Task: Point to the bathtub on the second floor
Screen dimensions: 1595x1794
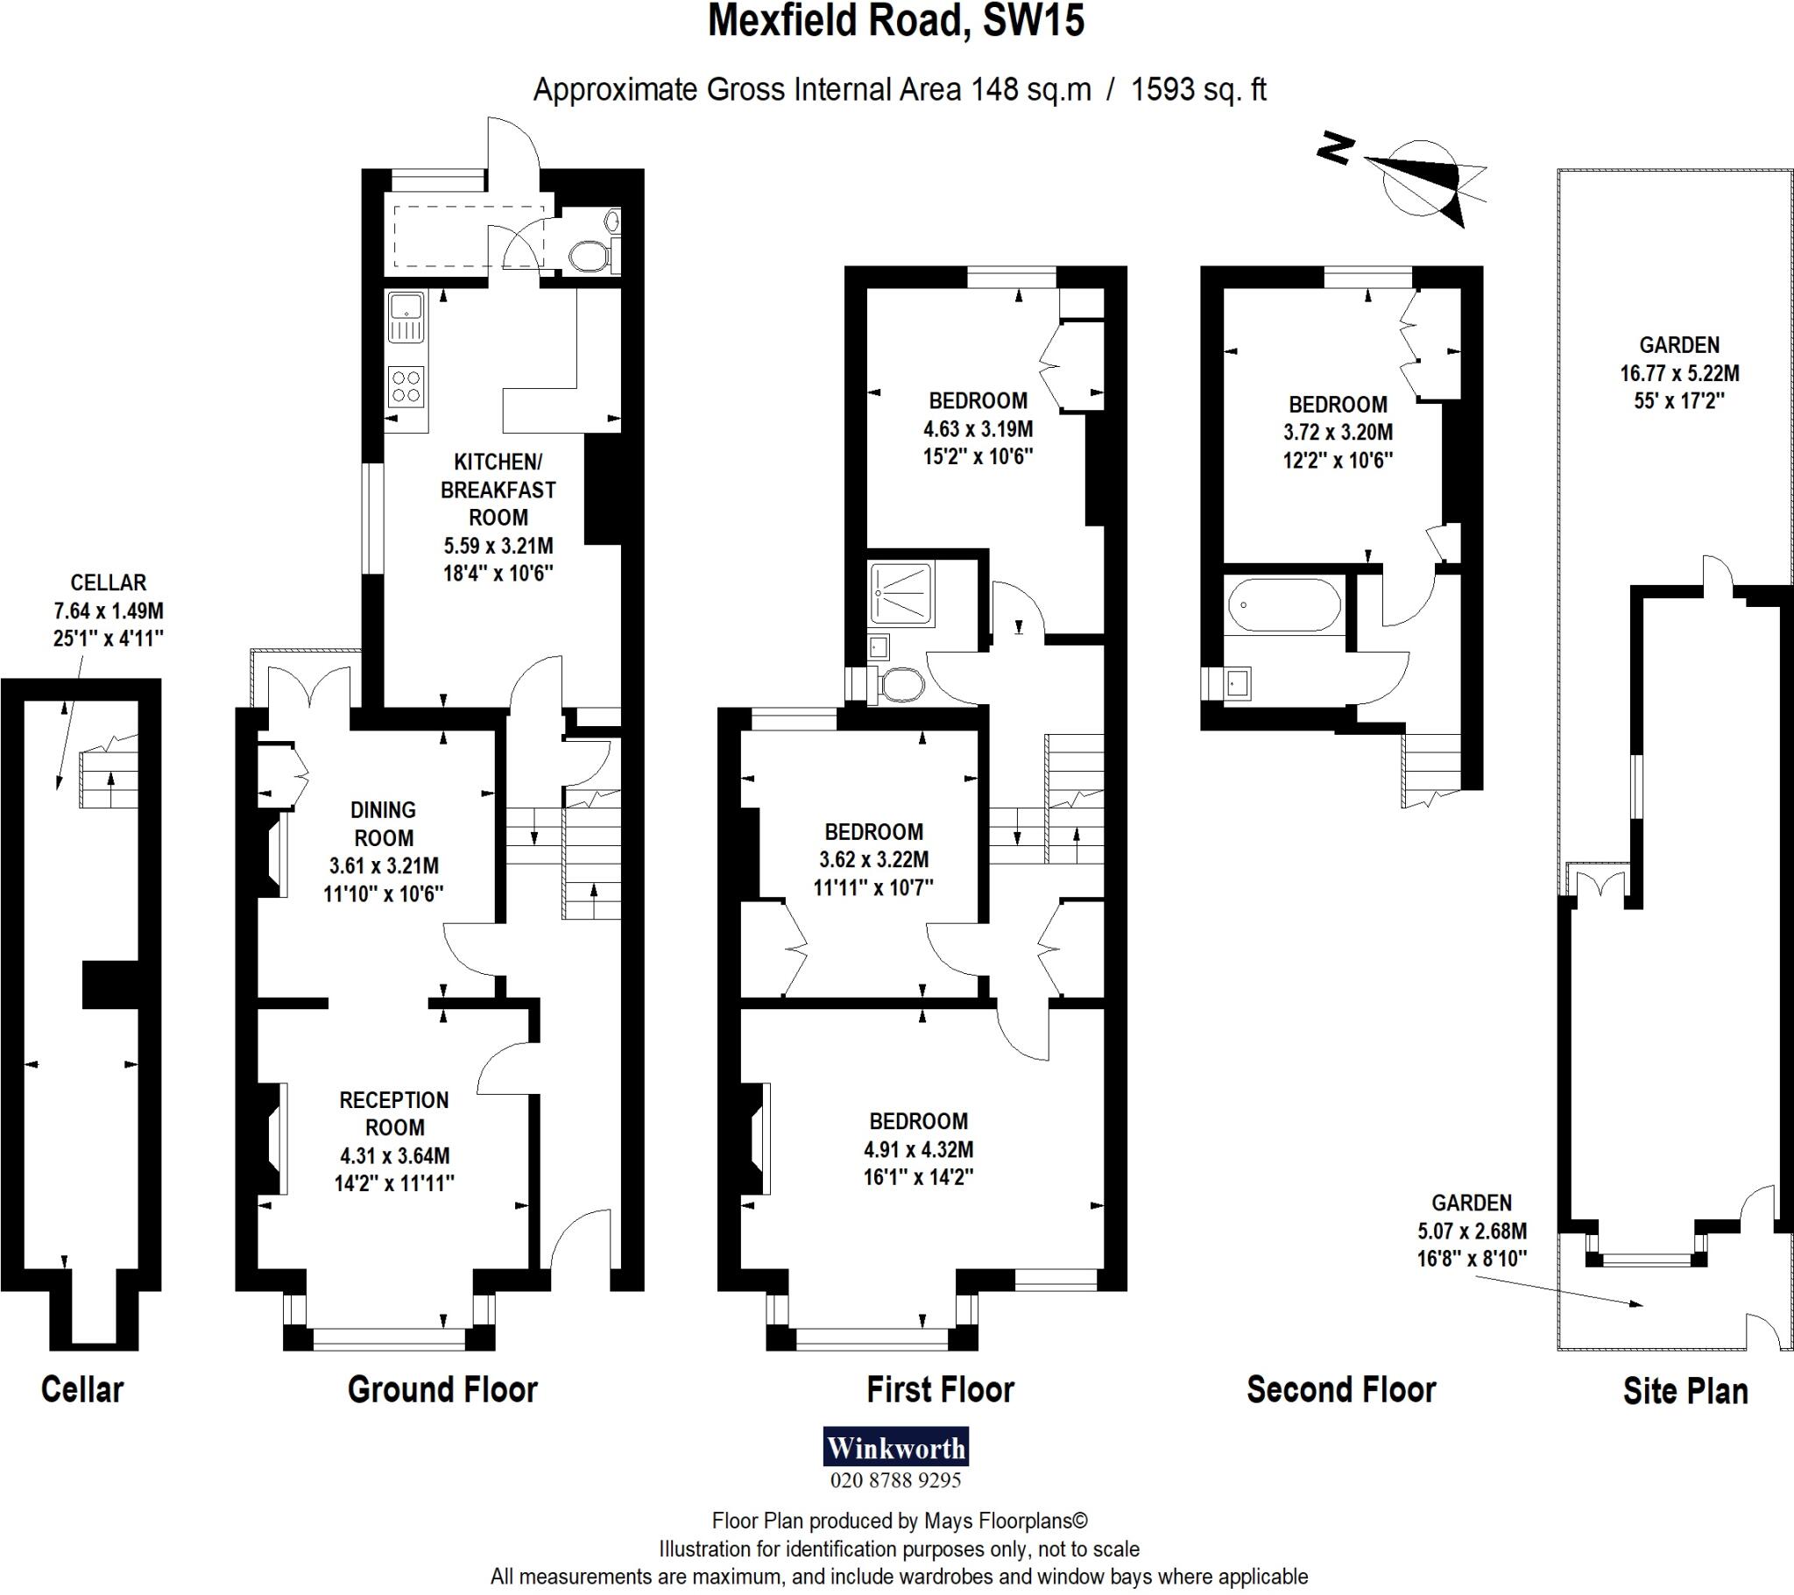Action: coord(1283,605)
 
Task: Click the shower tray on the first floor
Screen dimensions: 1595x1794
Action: coord(901,593)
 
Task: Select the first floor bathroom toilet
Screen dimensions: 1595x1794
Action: coord(901,686)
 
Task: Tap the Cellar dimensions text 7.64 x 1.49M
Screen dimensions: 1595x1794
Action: coord(108,610)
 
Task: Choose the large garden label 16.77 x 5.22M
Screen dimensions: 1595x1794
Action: coord(1679,372)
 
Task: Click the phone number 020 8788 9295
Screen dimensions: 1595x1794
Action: coord(895,1480)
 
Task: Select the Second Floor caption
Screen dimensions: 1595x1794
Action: coord(1341,1389)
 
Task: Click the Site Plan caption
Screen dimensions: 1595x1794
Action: coord(1685,1390)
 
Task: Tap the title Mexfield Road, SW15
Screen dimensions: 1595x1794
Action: coord(896,22)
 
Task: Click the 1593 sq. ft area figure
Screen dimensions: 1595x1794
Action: coord(1198,89)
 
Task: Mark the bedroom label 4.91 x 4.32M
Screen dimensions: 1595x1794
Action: coord(918,1149)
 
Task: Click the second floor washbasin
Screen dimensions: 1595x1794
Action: coord(1239,682)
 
